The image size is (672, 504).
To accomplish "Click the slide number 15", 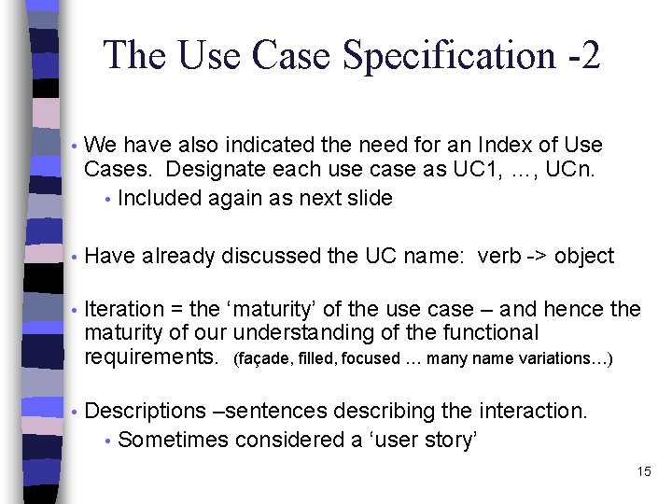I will click(643, 471).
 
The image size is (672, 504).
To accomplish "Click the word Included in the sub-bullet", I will click(158, 198).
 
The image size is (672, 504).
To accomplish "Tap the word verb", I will click(498, 256).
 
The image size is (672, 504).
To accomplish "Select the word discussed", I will click(273, 256).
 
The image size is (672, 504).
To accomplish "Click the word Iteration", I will click(123, 309).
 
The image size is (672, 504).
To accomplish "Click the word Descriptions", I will click(144, 411).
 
